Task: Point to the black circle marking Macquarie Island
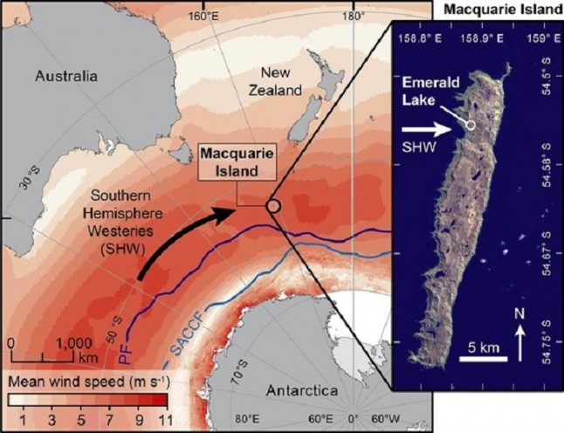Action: pos(273,206)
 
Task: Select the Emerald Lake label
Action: pos(425,91)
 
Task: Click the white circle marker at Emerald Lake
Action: pos(471,126)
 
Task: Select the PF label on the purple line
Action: pos(125,354)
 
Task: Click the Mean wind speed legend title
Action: pos(86,382)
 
